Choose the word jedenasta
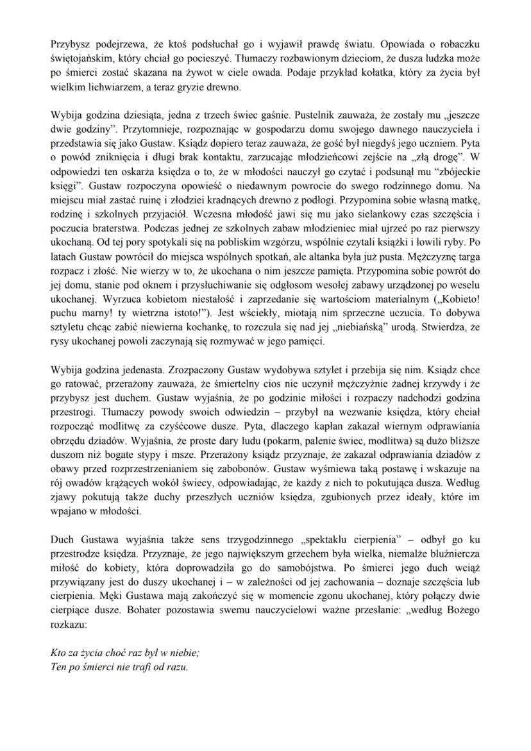pos(142,370)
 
